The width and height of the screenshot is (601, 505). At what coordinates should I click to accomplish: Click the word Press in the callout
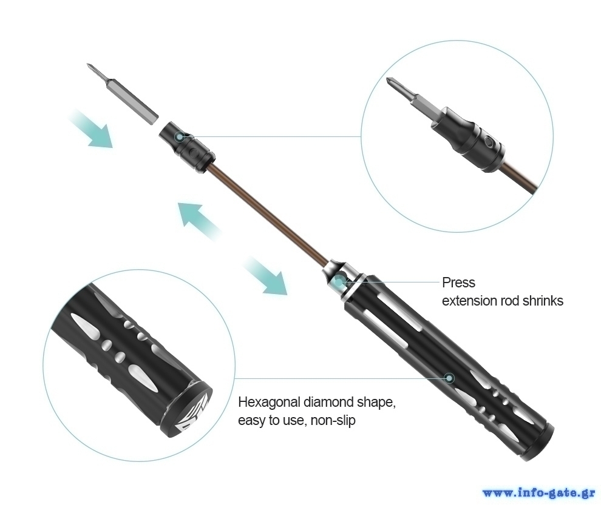click(458, 283)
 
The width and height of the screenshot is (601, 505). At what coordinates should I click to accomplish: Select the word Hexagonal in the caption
click(269, 403)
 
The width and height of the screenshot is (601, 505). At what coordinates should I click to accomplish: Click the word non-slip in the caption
click(333, 420)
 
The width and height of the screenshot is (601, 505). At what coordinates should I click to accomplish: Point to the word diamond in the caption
click(328, 403)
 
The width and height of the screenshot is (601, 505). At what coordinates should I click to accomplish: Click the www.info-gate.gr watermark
click(539, 493)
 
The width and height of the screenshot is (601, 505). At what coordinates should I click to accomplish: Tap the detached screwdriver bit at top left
click(122, 93)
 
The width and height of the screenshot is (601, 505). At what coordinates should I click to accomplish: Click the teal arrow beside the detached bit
click(92, 129)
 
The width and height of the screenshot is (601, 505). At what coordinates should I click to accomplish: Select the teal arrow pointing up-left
click(199, 220)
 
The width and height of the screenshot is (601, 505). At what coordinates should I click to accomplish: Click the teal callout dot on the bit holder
click(179, 136)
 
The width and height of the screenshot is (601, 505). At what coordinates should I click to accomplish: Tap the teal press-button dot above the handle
click(339, 282)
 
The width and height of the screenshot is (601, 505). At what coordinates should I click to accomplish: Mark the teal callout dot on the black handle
click(450, 378)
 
